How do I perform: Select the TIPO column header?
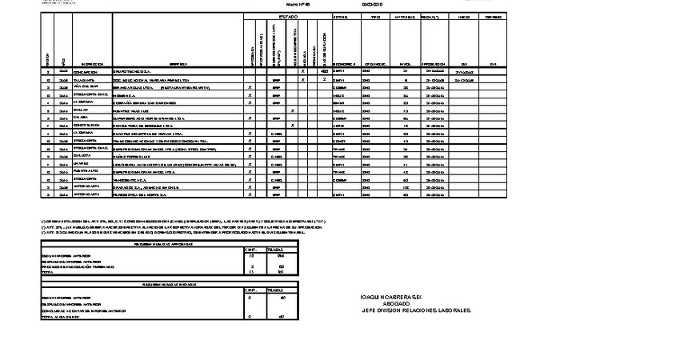point(370,16)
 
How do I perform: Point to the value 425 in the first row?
point(314,72)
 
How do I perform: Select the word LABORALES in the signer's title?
point(452,310)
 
